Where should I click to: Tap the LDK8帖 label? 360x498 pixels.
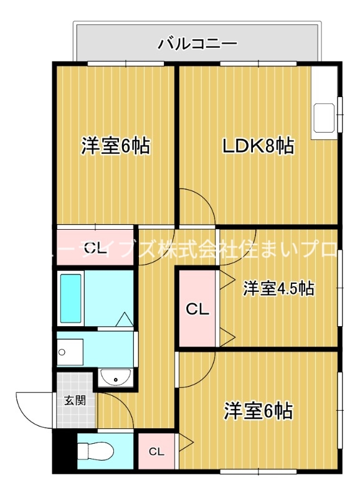pyautogui.click(x=259, y=146)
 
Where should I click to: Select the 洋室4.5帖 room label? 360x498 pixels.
pyautogui.click(x=278, y=288)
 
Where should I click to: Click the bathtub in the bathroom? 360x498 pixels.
pyautogui.click(x=70, y=298)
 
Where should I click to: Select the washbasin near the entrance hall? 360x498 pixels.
pyautogui.click(x=115, y=378)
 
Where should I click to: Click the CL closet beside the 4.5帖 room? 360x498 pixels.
pyautogui.click(x=197, y=308)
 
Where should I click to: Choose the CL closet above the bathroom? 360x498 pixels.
pyautogui.click(x=95, y=248)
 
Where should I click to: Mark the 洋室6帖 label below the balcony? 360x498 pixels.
pyautogui.click(x=115, y=146)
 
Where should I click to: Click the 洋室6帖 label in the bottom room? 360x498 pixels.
pyautogui.click(x=258, y=411)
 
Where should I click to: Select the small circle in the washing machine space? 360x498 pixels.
pyautogui.click(x=62, y=353)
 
